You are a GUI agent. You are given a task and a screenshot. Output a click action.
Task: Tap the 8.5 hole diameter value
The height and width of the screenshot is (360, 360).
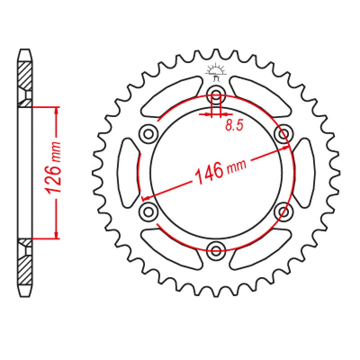click(x=234, y=126)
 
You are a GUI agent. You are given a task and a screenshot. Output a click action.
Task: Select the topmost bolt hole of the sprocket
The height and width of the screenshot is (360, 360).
click(x=216, y=94)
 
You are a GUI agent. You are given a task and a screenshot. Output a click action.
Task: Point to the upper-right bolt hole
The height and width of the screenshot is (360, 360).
click(x=283, y=133)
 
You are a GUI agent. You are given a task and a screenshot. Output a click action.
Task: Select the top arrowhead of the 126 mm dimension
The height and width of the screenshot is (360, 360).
click(x=56, y=111)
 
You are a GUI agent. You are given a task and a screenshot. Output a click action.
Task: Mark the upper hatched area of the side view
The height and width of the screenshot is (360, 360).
click(x=25, y=74)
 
